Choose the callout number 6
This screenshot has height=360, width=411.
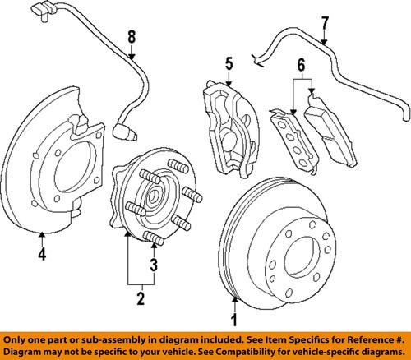pyautogui.click(x=301, y=66)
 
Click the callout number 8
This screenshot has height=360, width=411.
pyautogui.click(x=129, y=36)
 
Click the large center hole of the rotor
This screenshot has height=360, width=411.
pyautogui.click(x=297, y=247)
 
